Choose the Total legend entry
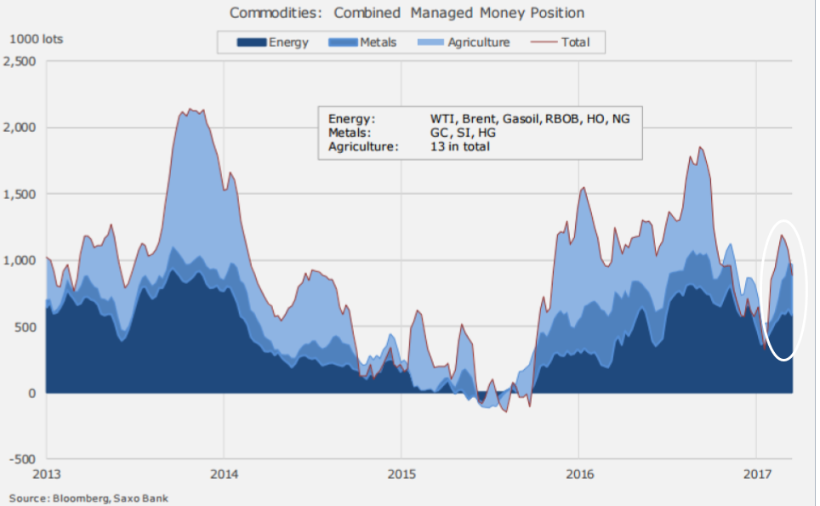click(575, 42)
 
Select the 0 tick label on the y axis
click(31, 393)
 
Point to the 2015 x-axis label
click(401, 472)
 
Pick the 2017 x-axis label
click(757, 472)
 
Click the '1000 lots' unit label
click(36, 39)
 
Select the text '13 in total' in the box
click(460, 146)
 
